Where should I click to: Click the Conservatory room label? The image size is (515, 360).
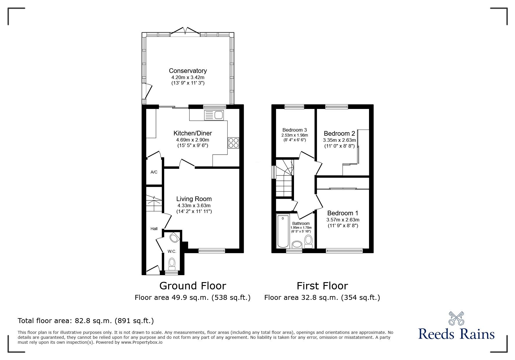coord(188,71)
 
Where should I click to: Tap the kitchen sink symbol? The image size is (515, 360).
coord(214,115)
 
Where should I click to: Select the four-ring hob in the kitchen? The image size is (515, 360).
coord(234,143)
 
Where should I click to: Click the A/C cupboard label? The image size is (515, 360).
coord(154,172)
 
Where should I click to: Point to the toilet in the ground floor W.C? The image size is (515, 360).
coord(172,264)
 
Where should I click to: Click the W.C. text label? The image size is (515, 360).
coord(172,251)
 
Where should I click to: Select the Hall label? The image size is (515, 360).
coord(154,229)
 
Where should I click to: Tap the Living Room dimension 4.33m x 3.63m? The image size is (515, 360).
coord(194,205)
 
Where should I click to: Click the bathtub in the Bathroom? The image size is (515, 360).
coord(282,231)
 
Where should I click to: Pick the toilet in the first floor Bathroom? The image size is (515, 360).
coord(308,241)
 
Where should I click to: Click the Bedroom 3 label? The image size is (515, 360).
coord(295,130)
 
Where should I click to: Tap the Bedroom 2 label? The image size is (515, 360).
coord(339,134)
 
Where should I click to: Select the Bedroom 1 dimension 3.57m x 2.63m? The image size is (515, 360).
coord(343,220)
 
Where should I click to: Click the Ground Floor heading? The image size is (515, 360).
coord(193,286)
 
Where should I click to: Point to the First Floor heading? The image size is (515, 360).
coord(322,286)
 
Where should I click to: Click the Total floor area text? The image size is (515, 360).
coord(86,321)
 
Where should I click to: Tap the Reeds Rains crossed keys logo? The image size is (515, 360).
coord(456,318)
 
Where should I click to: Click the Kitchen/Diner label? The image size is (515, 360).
coord(193,133)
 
